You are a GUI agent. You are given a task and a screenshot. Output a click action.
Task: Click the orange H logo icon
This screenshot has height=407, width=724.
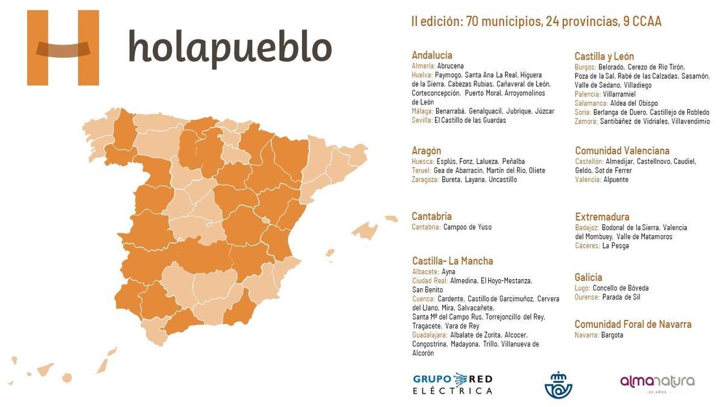(x=63, y=48)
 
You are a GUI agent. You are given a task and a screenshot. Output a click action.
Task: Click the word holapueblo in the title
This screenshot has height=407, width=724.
(x=230, y=48)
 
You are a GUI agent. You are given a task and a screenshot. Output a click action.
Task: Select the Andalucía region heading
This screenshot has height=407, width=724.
(x=432, y=55)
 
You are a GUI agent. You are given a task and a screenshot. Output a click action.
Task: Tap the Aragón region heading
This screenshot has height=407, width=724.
(x=427, y=150)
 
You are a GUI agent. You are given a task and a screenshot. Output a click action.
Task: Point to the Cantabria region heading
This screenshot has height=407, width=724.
(x=431, y=216)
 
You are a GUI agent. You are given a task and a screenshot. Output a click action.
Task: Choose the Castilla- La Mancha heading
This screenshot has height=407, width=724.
(x=453, y=261)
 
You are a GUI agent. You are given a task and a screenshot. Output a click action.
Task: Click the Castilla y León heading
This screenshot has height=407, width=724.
(x=604, y=56)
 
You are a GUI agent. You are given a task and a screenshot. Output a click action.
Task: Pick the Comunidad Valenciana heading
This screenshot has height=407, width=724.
(x=622, y=150)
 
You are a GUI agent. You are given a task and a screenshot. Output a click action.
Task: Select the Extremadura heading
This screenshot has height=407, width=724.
(x=602, y=216)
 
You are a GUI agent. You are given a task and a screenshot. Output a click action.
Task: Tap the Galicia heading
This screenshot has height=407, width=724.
(x=588, y=277)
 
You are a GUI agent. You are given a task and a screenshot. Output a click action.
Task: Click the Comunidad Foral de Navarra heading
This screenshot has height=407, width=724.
(x=633, y=324)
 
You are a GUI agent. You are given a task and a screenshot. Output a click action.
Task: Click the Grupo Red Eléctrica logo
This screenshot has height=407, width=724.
(x=453, y=384)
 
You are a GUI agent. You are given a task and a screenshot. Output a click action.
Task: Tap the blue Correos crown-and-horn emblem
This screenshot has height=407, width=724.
(x=558, y=385)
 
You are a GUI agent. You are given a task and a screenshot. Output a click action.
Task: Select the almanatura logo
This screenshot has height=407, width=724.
(x=657, y=382)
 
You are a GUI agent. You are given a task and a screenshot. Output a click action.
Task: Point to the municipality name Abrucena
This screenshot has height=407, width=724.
(x=451, y=66)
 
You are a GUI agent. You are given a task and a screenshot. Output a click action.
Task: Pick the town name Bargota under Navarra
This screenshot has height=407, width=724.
(x=612, y=335)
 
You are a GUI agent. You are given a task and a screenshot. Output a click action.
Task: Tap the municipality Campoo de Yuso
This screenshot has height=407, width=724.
(x=468, y=227)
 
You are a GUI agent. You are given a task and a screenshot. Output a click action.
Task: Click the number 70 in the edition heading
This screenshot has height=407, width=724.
(x=473, y=22)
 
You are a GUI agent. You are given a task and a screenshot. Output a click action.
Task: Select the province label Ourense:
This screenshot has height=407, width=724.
(x=588, y=297)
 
